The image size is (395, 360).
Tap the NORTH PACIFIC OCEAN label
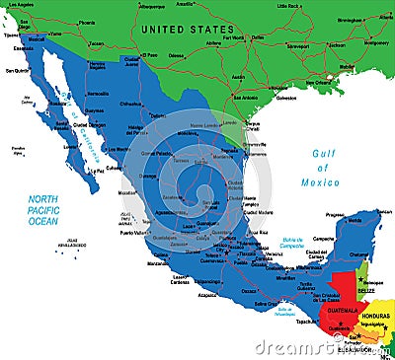point(42,208)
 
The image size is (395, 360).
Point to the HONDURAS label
point(375,315)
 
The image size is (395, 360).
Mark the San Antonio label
point(247,98)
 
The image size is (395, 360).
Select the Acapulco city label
point(208,294)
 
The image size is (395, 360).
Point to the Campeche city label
point(321,238)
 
